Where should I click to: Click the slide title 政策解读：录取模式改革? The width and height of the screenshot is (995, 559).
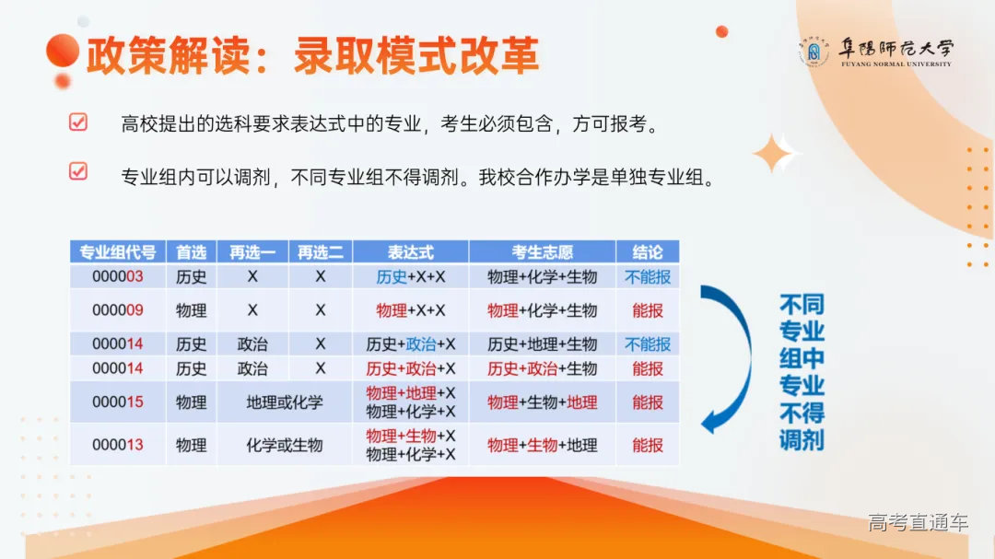(312, 55)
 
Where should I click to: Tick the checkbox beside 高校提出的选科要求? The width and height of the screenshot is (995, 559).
(78, 122)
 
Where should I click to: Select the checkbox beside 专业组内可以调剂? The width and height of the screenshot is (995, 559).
(78, 170)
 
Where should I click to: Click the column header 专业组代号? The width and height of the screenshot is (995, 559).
(117, 252)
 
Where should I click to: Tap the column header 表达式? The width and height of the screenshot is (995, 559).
(410, 252)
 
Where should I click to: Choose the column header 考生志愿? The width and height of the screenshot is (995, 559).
(542, 252)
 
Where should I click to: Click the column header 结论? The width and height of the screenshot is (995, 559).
(647, 252)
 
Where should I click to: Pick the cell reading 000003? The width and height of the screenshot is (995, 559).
(117, 276)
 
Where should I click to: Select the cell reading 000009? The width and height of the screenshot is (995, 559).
(117, 310)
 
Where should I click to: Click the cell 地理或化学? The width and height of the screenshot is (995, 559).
(284, 402)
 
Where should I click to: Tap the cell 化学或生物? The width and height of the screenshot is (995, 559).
(284, 445)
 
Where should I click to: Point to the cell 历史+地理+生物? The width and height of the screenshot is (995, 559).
(542, 344)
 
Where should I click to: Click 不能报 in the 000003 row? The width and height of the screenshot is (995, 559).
(647, 276)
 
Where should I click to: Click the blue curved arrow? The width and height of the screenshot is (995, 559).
(728, 359)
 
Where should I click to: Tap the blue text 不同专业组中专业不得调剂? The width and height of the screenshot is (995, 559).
(801, 372)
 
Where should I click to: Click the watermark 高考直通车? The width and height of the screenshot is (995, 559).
(918, 523)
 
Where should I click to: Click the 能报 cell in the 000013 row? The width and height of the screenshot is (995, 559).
(647, 445)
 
